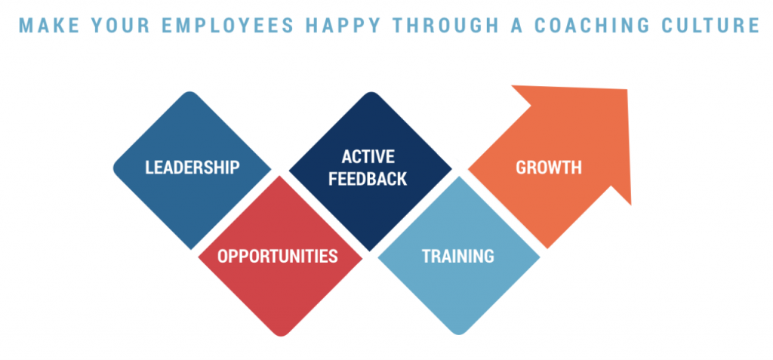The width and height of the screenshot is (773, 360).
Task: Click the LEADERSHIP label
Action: (x=192, y=168)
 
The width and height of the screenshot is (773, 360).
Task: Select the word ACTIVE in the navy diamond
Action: (x=368, y=156)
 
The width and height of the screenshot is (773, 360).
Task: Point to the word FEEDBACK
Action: (x=368, y=179)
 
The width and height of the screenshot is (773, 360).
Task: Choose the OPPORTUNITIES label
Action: (x=278, y=257)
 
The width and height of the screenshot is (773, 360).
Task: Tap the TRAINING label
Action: (x=458, y=256)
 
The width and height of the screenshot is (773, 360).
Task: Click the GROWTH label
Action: (x=549, y=168)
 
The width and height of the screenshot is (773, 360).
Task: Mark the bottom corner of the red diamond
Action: (x=281, y=336)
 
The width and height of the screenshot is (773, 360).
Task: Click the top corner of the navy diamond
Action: (x=369, y=92)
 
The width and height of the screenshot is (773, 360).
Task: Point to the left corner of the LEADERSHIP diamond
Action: (x=114, y=168)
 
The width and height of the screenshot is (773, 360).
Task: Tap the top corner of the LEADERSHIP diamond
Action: (x=192, y=92)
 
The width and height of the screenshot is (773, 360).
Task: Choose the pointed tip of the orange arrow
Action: (x=627, y=89)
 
